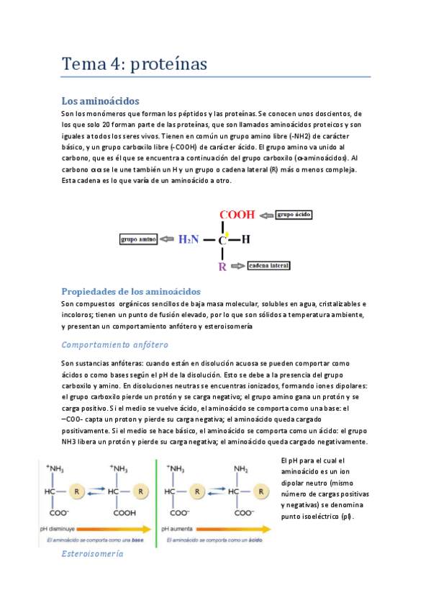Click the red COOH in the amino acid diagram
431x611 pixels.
(x=236, y=215)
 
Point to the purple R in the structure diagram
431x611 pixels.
(x=222, y=267)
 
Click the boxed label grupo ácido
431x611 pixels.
(x=294, y=215)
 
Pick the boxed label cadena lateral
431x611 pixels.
(x=268, y=266)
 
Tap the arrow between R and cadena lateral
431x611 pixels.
(x=237, y=266)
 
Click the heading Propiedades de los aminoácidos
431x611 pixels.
(x=131, y=291)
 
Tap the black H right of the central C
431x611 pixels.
(x=245, y=240)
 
